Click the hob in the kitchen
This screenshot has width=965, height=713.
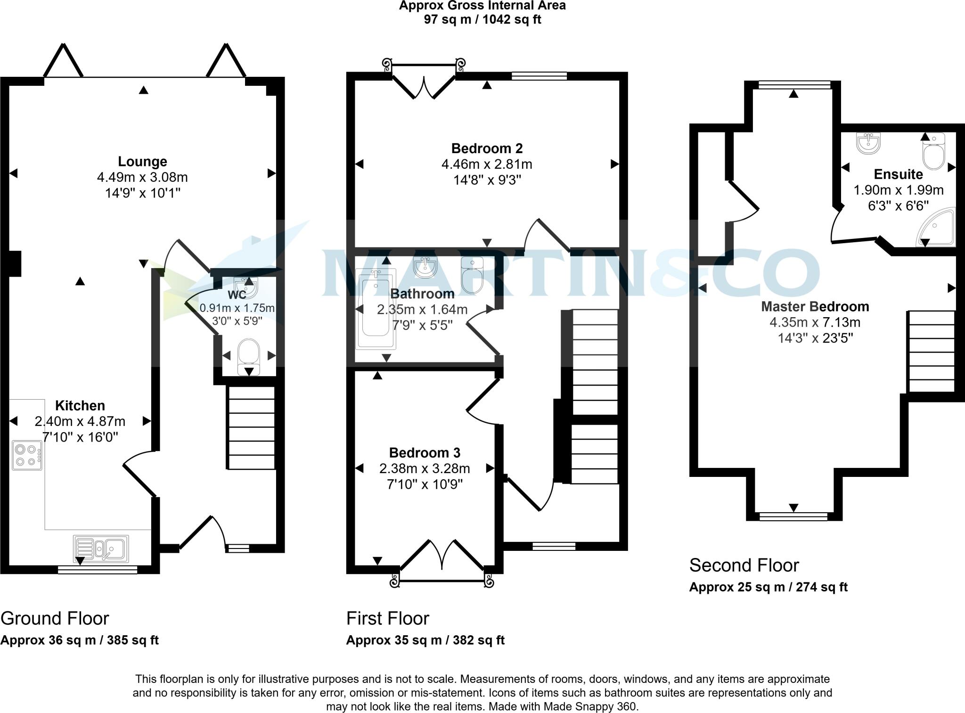pyautogui.click(x=27, y=455)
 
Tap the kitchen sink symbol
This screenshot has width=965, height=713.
pyautogui.click(x=101, y=549)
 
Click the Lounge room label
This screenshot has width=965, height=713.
pyautogui.click(x=142, y=162)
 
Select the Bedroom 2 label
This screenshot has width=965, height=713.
pyautogui.click(x=487, y=148)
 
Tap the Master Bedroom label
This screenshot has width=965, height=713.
pyautogui.click(x=815, y=307)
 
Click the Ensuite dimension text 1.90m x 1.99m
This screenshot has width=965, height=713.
pyautogui.click(x=898, y=190)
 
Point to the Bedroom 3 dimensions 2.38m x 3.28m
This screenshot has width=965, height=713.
pyautogui.click(x=424, y=468)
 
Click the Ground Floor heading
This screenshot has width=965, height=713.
pyautogui.click(x=55, y=618)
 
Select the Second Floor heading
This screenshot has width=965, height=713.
pyautogui.click(x=744, y=565)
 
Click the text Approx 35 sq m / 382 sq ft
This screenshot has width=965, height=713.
pyautogui.click(x=425, y=640)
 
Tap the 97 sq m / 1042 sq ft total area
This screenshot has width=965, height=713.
pyautogui.click(x=482, y=20)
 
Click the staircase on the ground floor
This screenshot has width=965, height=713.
pyautogui.click(x=252, y=427)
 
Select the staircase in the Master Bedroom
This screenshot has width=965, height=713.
pyautogui.click(x=931, y=351)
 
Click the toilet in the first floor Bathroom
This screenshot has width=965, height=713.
pyautogui.click(x=473, y=275)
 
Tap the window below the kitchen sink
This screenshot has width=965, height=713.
pyautogui.click(x=98, y=570)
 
